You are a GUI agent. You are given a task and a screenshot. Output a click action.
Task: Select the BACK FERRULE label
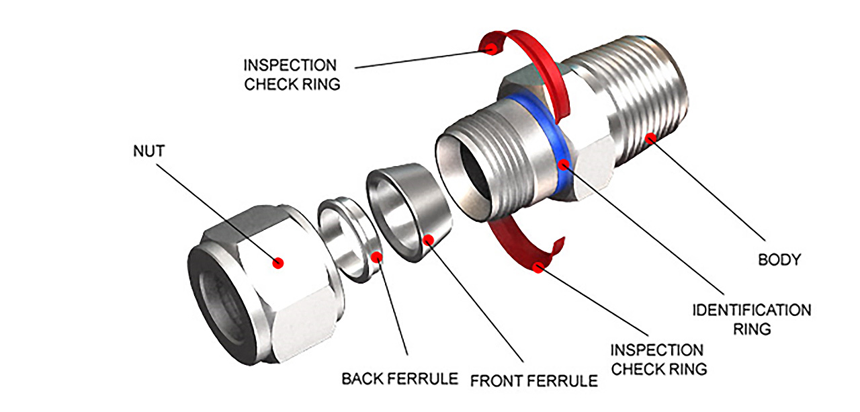point(399,378)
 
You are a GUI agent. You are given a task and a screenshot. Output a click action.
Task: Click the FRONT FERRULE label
point(533,381)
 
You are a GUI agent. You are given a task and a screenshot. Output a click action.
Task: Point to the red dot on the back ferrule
point(378,256)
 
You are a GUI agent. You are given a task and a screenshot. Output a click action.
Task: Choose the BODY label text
point(779,259)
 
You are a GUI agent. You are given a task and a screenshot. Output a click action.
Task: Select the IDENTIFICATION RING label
point(751,319)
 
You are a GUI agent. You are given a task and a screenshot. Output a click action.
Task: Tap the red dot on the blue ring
point(564,163)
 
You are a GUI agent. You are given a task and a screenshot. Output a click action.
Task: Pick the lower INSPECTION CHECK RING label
point(658,359)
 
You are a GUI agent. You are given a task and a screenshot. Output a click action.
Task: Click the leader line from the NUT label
point(215,208)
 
